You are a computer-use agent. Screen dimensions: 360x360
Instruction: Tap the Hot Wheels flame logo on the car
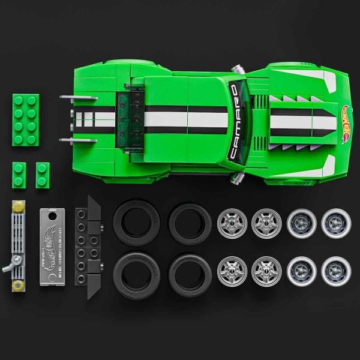pos(346,124)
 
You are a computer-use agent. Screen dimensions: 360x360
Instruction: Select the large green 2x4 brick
pos(25,119)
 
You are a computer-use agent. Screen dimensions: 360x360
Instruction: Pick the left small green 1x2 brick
pos(19,175)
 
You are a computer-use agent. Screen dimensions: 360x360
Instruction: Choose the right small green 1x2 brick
pos(43,175)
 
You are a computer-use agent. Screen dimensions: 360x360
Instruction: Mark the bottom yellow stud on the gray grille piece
pos(17,284)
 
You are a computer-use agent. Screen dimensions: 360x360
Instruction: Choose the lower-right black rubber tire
pos(189,272)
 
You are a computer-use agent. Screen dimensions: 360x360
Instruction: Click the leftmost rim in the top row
pos(232,223)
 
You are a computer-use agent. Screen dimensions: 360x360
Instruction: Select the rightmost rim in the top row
pos(336,223)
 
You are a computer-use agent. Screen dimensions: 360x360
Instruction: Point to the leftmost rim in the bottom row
pos(232,271)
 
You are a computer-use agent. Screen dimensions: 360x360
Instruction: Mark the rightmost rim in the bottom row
pos(336,271)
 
